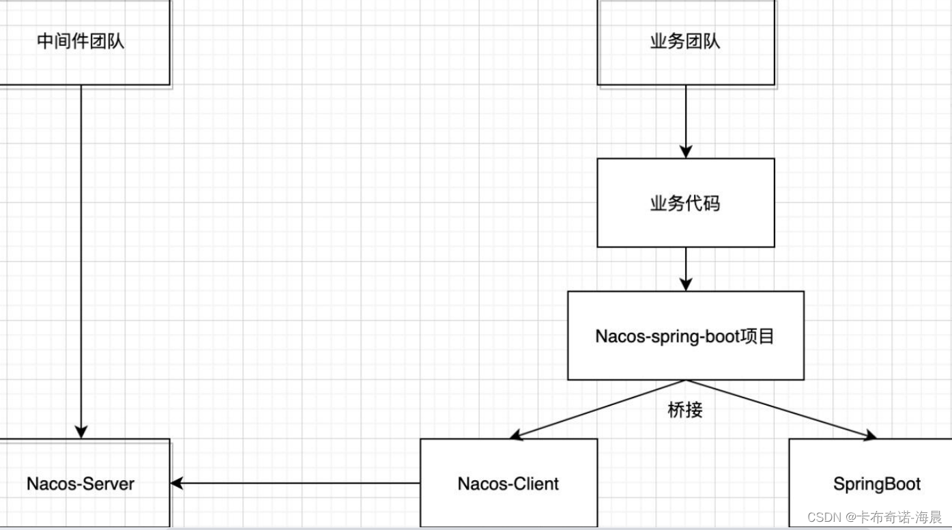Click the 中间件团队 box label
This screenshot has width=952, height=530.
click(81, 42)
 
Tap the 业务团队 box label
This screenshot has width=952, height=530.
click(685, 42)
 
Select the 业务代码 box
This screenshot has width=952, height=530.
click(685, 203)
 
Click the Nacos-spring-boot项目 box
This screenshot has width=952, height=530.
click(685, 335)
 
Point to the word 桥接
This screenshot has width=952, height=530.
click(684, 410)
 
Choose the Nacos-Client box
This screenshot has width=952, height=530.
click(508, 484)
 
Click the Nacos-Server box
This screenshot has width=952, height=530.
click(81, 484)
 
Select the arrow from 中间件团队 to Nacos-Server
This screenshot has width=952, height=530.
click(81, 260)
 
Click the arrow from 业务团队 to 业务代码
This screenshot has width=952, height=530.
click(686, 120)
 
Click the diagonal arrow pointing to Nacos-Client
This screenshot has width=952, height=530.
click(601, 408)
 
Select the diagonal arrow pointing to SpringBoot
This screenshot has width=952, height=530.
click(778, 408)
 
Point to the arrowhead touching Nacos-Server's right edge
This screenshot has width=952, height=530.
click(177, 484)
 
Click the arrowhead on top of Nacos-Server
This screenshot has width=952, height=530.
click(81, 432)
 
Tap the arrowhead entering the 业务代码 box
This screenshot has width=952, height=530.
click(686, 152)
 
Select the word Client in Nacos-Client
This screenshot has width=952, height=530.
click(536, 484)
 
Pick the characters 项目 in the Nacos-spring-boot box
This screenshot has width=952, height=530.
click(761, 336)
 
